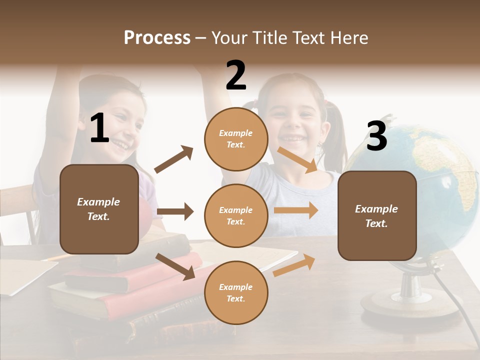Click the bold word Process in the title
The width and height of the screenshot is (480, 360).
(x=157, y=38)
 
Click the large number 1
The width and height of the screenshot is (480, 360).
(x=99, y=128)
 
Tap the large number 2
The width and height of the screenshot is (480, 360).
(x=236, y=75)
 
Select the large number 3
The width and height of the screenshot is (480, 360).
(x=376, y=136)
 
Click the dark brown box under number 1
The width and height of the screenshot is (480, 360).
(x=99, y=209)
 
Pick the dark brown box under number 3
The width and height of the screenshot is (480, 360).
(x=377, y=216)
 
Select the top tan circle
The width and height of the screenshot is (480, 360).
(x=236, y=139)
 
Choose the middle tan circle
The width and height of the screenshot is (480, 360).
(x=236, y=215)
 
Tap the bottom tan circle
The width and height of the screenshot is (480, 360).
(x=236, y=292)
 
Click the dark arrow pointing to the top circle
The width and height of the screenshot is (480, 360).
(x=173, y=159)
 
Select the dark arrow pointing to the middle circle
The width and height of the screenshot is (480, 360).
(x=175, y=211)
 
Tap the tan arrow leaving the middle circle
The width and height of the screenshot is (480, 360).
(x=296, y=210)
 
